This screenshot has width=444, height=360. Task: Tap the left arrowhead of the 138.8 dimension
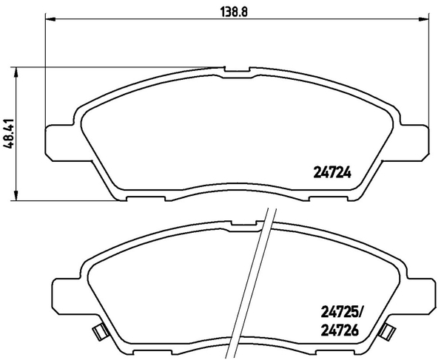(50, 20)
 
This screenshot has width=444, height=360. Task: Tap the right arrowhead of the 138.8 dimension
(427, 20)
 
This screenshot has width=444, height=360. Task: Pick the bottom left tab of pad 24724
(144, 197)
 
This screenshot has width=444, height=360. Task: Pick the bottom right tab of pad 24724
(333, 197)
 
